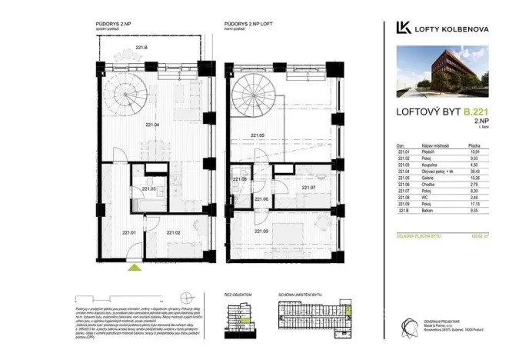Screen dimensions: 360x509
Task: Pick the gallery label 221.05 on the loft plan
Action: (258, 135)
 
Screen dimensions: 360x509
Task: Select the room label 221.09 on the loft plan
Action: (260, 232)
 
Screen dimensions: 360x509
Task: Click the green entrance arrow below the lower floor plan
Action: (135, 267)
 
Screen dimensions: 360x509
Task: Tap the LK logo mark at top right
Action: (401, 28)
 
